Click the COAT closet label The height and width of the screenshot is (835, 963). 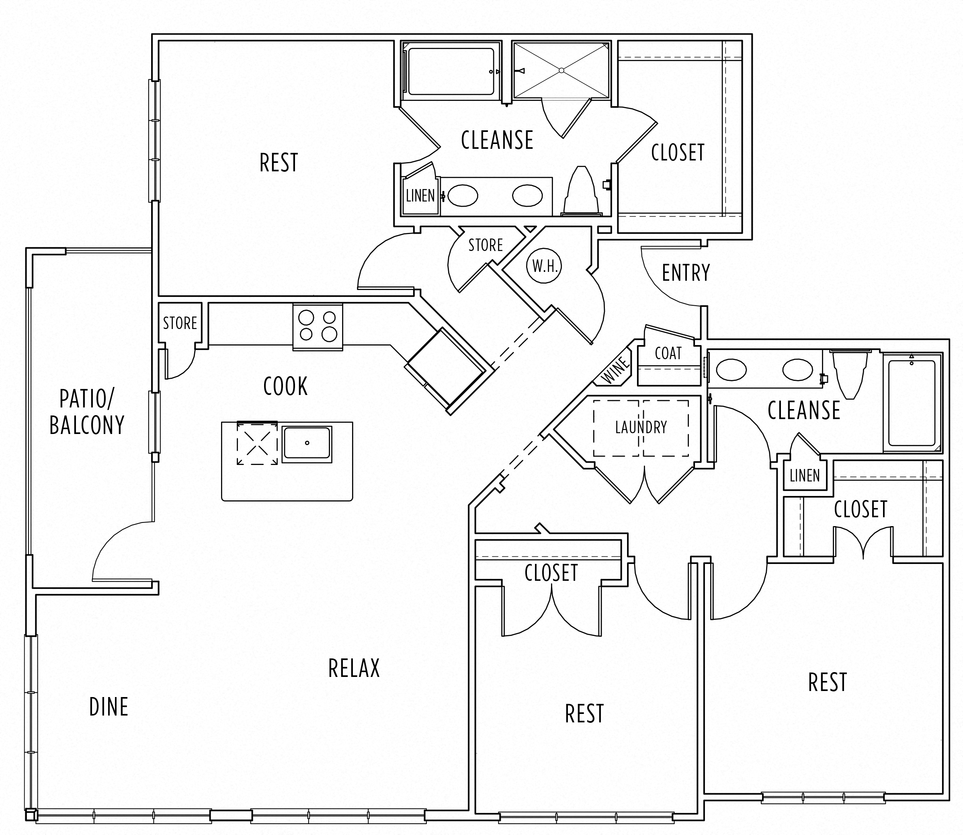click(668, 353)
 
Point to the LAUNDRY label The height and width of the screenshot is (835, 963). click(641, 427)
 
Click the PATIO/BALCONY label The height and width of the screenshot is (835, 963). click(87, 412)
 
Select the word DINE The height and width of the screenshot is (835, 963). click(109, 707)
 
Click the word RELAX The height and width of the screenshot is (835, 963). click(354, 668)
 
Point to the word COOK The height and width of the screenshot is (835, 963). click(285, 386)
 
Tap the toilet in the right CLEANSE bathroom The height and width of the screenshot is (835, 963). click(850, 373)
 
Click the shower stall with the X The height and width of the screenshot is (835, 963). click(561, 70)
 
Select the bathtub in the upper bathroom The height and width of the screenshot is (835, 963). click(450, 71)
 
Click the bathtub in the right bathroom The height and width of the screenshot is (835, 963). click(912, 403)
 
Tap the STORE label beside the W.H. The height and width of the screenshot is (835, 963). click(485, 245)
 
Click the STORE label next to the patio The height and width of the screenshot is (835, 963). click(180, 323)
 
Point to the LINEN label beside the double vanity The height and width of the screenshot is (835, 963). click(420, 196)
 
